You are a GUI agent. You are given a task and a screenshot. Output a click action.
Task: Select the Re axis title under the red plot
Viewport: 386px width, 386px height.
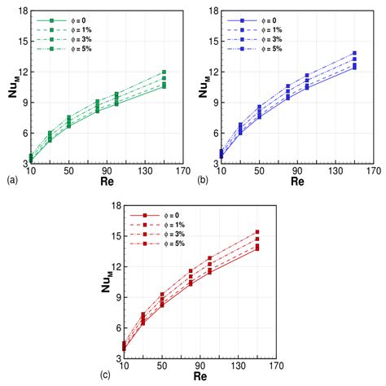pos(199,379)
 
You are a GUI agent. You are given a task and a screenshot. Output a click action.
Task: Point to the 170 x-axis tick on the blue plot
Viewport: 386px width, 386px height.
pos(374,172)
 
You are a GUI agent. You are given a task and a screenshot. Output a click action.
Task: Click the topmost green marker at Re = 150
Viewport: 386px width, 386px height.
pos(164,72)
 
